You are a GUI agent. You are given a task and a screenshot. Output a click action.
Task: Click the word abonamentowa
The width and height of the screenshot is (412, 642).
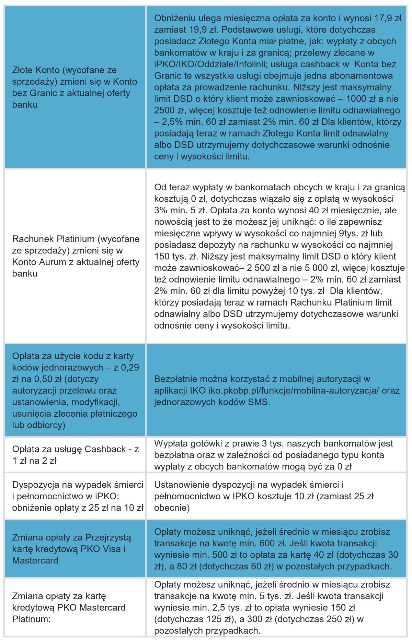point(361,76)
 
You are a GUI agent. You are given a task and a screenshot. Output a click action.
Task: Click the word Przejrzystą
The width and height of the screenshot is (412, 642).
point(108,537)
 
